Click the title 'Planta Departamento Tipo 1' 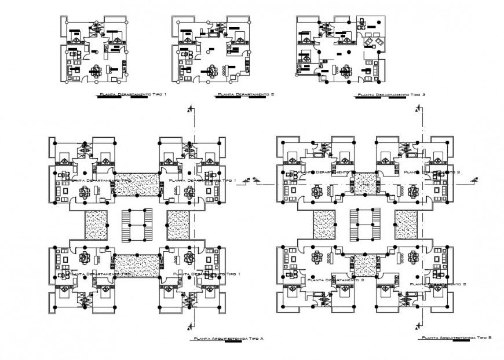(x=132, y=93)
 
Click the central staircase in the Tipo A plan (x=137, y=225)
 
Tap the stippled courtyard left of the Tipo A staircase (x=96, y=225)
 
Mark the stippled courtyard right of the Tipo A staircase (x=178, y=225)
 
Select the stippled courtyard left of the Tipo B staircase (x=324, y=225)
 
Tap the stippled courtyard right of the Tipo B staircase (x=407, y=225)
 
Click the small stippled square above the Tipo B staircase (x=365, y=183)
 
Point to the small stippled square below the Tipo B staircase (x=365, y=265)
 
